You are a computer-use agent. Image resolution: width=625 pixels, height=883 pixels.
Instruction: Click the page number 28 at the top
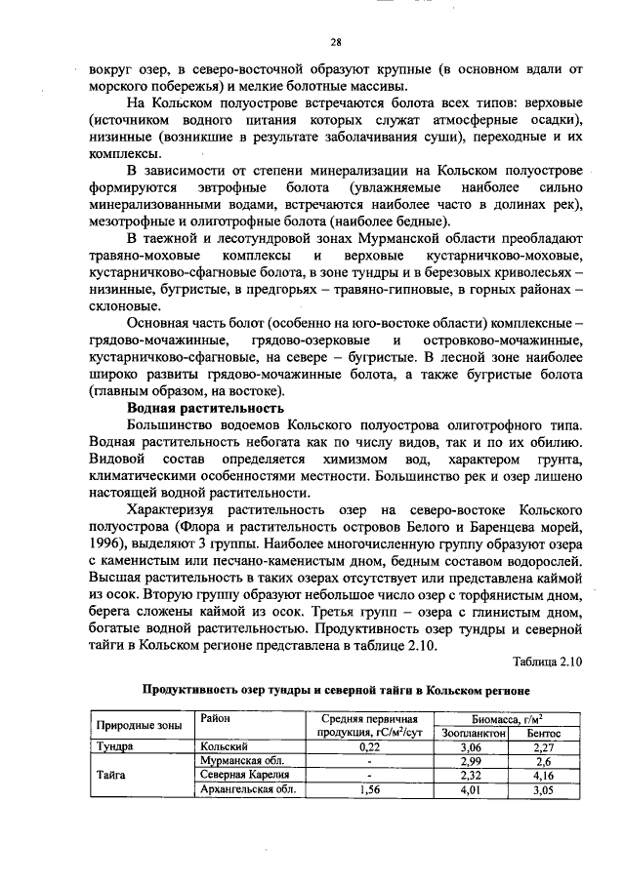pyautogui.click(x=335, y=42)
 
